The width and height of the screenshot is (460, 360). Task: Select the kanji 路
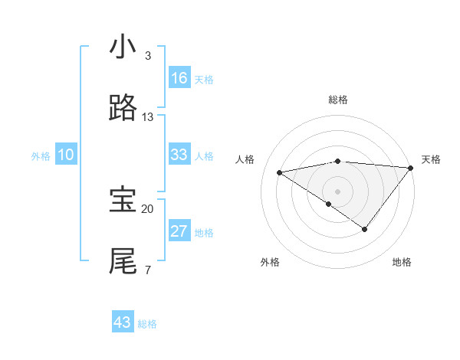[x=123, y=109]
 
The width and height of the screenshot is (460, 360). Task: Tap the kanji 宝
[x=123, y=200]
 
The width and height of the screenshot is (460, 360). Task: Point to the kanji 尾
[x=123, y=261]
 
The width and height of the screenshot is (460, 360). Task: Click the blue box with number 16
[x=179, y=78]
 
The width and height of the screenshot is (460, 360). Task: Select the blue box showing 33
[x=179, y=155]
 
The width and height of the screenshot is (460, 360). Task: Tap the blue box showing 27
[x=179, y=231]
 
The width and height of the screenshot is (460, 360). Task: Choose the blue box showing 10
[x=66, y=155]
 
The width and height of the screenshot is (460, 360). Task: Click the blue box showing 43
[x=123, y=322]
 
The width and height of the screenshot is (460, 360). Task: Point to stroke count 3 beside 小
[x=148, y=56]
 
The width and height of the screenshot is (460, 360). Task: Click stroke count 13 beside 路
[x=148, y=117]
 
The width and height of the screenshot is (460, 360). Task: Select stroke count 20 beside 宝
[x=148, y=208]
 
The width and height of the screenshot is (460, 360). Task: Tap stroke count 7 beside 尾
[x=148, y=270]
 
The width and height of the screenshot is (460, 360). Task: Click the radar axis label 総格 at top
[x=338, y=100]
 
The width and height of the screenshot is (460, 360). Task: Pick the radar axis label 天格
[x=431, y=159]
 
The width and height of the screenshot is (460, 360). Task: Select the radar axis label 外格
[x=270, y=262]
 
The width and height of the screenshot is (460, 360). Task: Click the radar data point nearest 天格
[x=410, y=167]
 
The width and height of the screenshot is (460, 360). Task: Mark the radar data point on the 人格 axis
[x=280, y=172]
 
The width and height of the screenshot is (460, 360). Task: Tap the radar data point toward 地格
[x=365, y=229]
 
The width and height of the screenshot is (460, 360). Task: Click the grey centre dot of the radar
[x=338, y=191]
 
